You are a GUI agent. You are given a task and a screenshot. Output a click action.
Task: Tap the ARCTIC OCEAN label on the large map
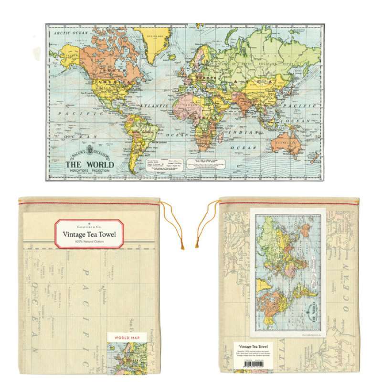pos(71,33)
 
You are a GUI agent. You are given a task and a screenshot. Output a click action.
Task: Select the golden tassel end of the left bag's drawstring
pos(182,246)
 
